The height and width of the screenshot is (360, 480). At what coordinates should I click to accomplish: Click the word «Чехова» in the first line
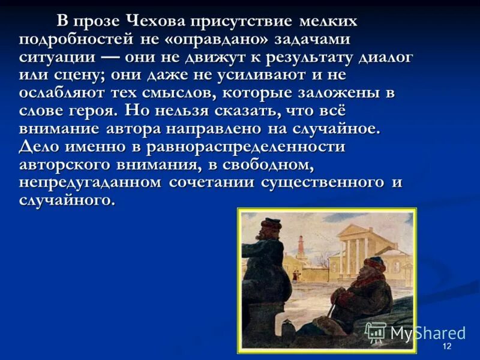[x=155, y=22]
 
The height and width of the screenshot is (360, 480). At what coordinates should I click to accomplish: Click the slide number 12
[x=446, y=347]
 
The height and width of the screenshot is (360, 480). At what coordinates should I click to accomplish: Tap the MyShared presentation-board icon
[x=376, y=332]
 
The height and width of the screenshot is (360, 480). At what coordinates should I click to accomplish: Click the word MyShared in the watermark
[x=428, y=334]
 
